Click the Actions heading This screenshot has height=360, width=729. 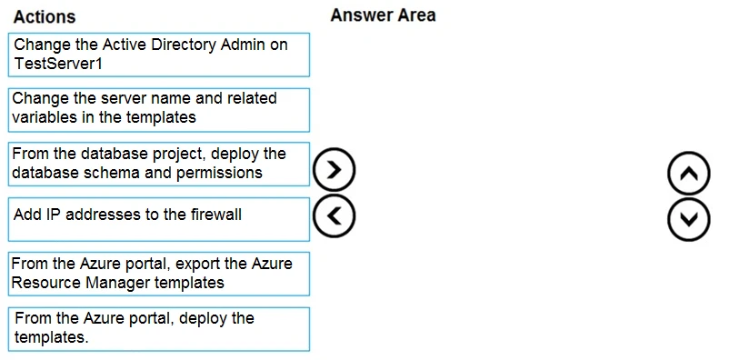click(45, 16)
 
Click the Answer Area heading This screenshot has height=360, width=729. click(383, 15)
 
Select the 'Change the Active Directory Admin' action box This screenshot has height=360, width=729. click(160, 55)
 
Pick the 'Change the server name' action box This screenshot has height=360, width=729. click(160, 109)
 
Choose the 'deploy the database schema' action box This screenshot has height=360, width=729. click(160, 164)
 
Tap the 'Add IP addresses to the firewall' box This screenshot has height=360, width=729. click(160, 218)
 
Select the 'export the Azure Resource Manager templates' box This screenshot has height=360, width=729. click(160, 273)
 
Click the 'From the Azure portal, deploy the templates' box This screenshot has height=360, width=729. click(160, 327)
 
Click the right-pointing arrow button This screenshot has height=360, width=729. click(333, 169)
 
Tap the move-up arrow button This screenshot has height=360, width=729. click(688, 173)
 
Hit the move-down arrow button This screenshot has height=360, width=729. click(688, 219)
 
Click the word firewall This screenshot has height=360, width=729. click(215, 215)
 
